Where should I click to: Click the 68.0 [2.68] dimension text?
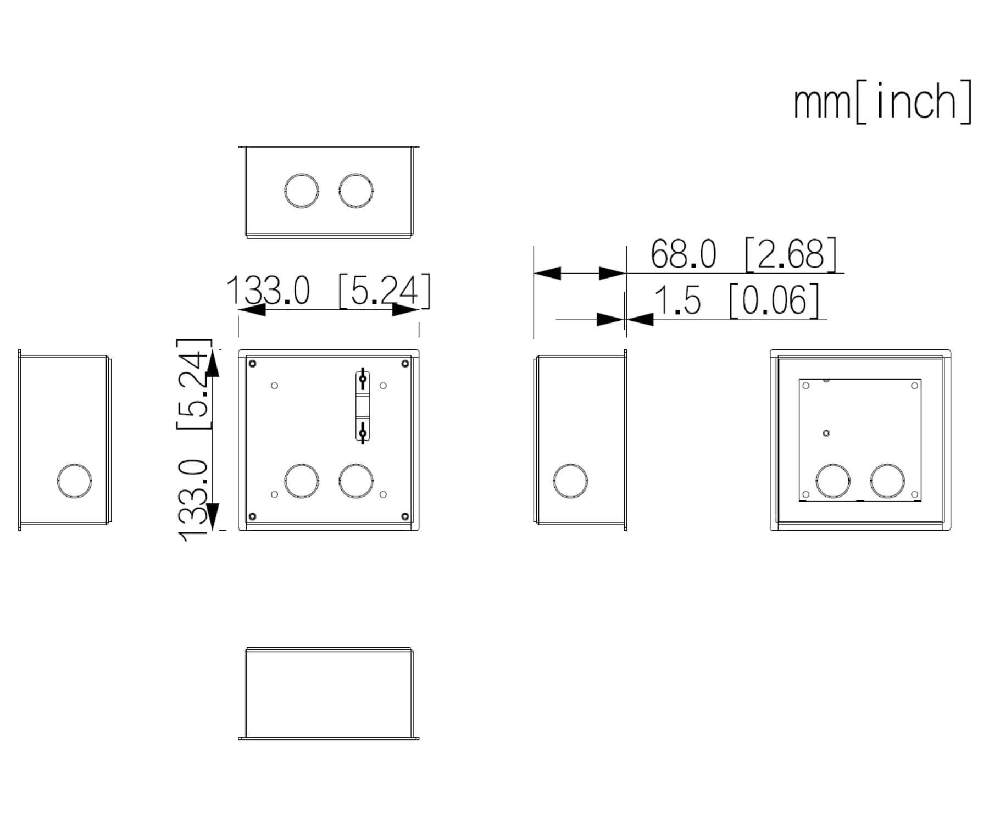pyautogui.click(x=744, y=254)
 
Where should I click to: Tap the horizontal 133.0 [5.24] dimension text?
pyautogui.click(x=329, y=291)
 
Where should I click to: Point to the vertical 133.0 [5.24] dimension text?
pyautogui.click(x=194, y=440)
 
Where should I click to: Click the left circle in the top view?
pyautogui.click(x=302, y=191)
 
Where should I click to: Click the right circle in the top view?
pyautogui.click(x=356, y=191)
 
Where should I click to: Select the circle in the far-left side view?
pyautogui.click(x=75, y=481)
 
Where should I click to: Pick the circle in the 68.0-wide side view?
pyautogui.click(x=570, y=481)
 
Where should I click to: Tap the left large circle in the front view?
pyautogui.click(x=302, y=481)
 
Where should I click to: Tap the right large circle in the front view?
pyautogui.click(x=356, y=481)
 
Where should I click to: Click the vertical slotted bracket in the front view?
pyautogui.click(x=363, y=406)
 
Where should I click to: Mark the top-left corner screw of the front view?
pyautogui.click(x=253, y=364)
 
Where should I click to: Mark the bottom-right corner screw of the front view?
pyautogui.click(x=405, y=516)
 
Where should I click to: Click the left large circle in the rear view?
pyautogui.click(x=833, y=481)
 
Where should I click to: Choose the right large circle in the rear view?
pyautogui.click(x=887, y=481)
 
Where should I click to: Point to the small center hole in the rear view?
pyautogui.click(x=826, y=433)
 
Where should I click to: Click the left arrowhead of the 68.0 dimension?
pyautogui.click(x=547, y=273)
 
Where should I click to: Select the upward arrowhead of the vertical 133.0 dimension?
pyautogui.click(x=213, y=363)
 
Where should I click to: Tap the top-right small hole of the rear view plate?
pyautogui.click(x=915, y=386)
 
